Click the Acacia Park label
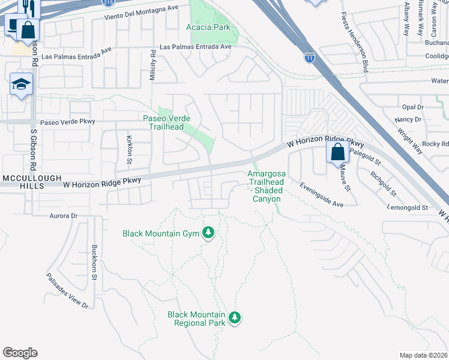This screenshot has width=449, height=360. pyautogui.click(x=208, y=28)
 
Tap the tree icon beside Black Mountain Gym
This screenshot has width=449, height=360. pyautogui.click(x=208, y=232)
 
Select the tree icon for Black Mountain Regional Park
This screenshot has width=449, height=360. pyautogui.click(x=235, y=317)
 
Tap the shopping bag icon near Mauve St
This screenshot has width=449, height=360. pyautogui.click(x=338, y=152)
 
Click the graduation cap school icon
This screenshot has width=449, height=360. pyautogui.click(x=21, y=85)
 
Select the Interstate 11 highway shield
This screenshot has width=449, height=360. pyautogui.click(x=309, y=58)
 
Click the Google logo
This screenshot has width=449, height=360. pyautogui.click(x=20, y=353)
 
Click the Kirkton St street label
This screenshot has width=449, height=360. pyautogui.click(x=130, y=149)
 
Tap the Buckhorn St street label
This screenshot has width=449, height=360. pyautogui.click(x=94, y=262)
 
